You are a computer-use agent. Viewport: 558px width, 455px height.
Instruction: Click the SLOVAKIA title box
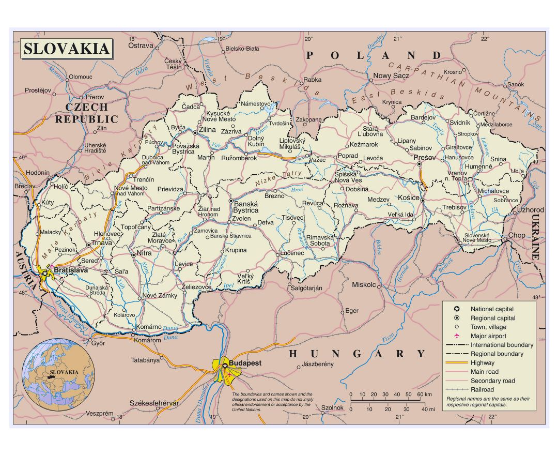pos(66,49)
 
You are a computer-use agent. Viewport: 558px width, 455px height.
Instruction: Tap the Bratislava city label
pos(71,270)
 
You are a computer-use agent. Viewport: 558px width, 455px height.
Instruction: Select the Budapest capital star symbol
pos(225,366)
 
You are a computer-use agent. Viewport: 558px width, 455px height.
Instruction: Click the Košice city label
pos(408,198)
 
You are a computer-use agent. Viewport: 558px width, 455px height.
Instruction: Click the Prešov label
pos(424,157)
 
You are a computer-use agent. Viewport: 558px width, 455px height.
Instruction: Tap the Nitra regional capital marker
pos(134,254)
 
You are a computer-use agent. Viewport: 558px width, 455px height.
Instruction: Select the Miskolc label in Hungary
pos(364,285)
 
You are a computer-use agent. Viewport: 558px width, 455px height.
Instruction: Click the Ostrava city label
pos(141,45)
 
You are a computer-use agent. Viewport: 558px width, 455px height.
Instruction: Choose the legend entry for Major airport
pos(488,336)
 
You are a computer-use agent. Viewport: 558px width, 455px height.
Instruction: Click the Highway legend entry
pos(482,363)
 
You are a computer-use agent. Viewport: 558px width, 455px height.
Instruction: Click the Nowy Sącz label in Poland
pos(391,76)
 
